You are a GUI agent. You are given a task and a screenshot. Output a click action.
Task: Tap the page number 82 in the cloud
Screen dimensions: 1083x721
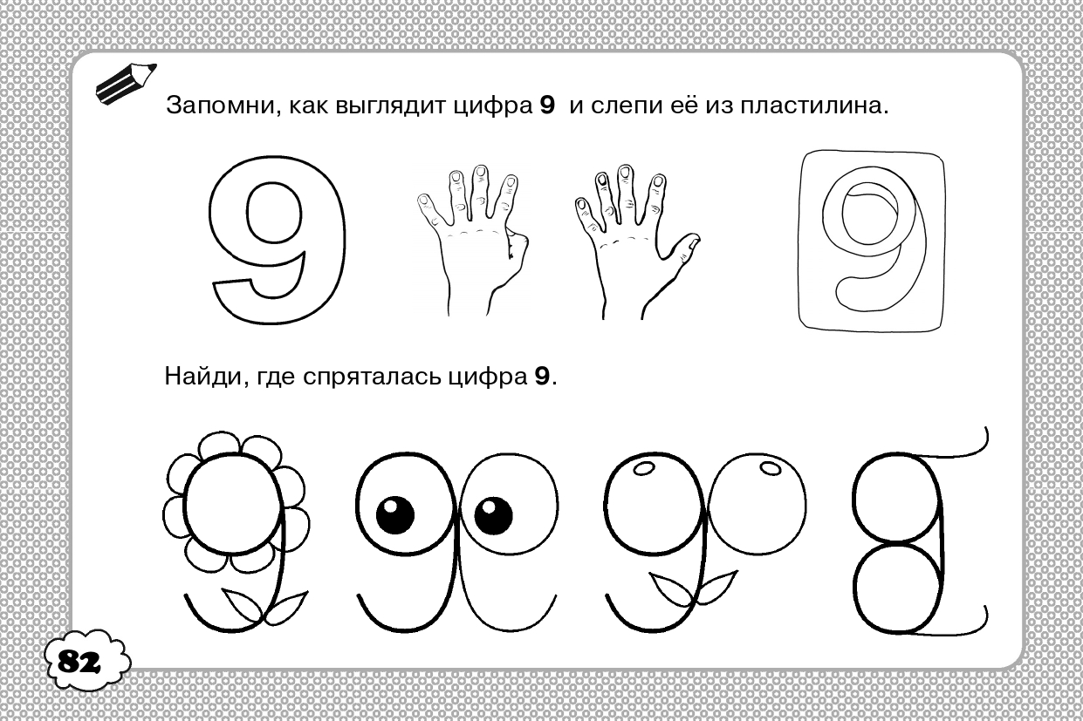(x=79, y=662)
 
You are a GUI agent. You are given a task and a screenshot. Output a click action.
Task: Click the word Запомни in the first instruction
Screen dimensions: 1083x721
(x=221, y=105)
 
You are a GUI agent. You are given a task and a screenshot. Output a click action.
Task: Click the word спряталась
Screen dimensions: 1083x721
(x=372, y=378)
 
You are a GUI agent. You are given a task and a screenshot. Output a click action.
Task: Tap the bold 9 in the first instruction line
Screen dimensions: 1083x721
(x=547, y=105)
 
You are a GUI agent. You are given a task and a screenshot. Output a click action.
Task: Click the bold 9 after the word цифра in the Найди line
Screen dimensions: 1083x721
(x=542, y=377)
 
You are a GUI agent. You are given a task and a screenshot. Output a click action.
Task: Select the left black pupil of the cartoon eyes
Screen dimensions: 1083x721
(x=394, y=514)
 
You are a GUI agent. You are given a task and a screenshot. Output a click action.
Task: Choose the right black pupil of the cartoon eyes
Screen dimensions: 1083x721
(x=493, y=514)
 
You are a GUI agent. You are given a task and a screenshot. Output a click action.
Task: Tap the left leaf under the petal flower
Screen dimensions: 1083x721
(x=243, y=605)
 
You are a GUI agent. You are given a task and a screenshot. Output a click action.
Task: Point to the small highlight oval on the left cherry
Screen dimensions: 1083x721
(x=643, y=468)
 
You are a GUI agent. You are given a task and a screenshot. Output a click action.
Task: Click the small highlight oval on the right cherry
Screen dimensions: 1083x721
(x=771, y=468)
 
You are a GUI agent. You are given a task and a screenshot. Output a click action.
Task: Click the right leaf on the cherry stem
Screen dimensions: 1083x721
(x=717, y=586)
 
